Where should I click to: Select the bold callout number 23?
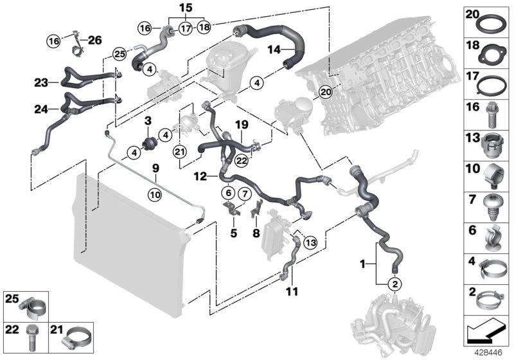click(x=42, y=82)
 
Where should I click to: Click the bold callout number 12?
click(x=200, y=175)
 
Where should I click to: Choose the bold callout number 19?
click(x=241, y=124)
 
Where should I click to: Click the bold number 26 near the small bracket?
click(x=94, y=40)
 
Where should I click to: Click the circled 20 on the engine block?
click(x=326, y=92)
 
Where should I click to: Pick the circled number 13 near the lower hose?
click(x=311, y=242)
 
